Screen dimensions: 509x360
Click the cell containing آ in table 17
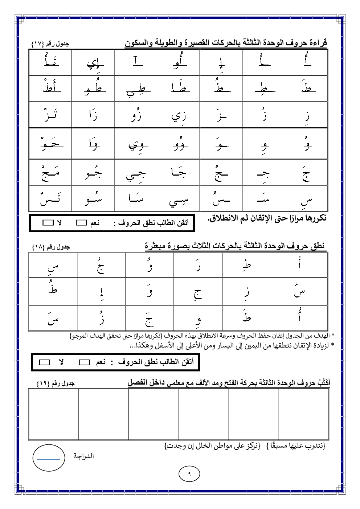click(136, 62)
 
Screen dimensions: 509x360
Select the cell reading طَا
click(178, 89)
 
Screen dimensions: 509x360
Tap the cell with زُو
click(136, 115)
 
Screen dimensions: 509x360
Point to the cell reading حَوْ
click(50, 143)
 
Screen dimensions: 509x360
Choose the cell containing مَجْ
click(50, 172)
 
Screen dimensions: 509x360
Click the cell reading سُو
click(93, 198)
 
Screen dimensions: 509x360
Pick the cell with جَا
click(178, 172)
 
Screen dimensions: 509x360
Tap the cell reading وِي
click(136, 144)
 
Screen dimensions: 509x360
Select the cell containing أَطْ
click(50, 89)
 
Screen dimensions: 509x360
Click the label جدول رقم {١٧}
click(50, 44)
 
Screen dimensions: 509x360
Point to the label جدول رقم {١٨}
click(50, 247)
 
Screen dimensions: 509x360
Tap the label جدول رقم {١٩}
click(56, 383)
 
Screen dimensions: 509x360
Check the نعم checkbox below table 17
click(81, 223)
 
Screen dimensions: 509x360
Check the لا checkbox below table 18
click(44, 362)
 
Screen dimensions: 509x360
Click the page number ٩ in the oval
click(189, 473)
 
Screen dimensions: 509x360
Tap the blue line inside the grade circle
click(49, 459)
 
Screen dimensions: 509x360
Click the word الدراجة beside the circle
click(83, 456)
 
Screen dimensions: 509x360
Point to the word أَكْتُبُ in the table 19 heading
click(322, 382)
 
